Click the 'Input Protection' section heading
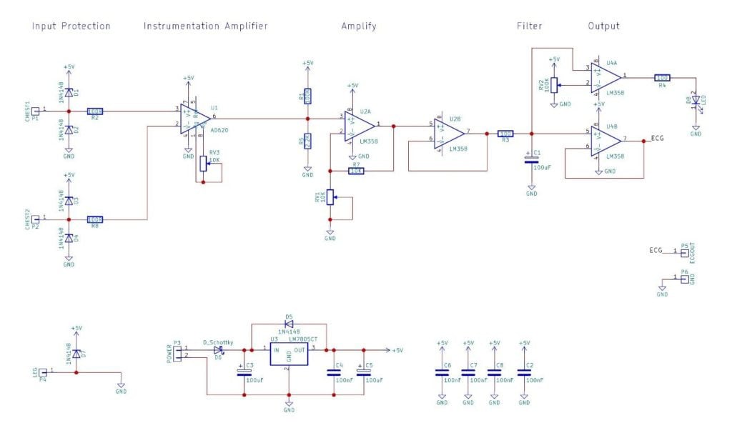click(x=71, y=26)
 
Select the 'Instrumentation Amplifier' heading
click(x=205, y=26)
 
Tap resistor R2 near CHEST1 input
click(x=95, y=111)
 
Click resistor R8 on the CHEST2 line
click(x=95, y=219)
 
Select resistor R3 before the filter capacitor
click(x=505, y=134)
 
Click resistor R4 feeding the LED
click(x=663, y=77)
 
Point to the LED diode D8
click(x=695, y=102)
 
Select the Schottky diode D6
click(x=219, y=350)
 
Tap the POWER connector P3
click(x=177, y=352)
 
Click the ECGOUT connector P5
click(x=684, y=252)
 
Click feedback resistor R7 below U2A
click(x=357, y=171)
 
